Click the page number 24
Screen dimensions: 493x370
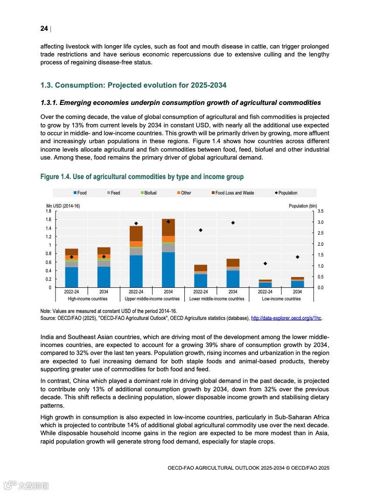pos(44,29)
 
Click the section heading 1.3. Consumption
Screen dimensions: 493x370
pos(133,85)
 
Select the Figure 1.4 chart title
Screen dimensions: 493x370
pos(142,177)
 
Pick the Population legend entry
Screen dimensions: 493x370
pos(286,193)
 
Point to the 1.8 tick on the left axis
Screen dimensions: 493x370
pos(49,211)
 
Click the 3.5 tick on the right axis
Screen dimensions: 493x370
pos(321,211)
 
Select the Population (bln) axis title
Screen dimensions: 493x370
pos(303,206)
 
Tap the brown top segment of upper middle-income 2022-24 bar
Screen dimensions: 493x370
pos(136,233)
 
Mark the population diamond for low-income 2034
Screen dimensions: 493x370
pos(297,257)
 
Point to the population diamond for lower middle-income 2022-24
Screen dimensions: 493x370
pos(201,230)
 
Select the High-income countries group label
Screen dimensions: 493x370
pos(88,299)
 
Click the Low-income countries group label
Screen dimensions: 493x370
pos(281,299)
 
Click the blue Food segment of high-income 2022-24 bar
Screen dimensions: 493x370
pos(71,277)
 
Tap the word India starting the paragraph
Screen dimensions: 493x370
pos(47,337)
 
